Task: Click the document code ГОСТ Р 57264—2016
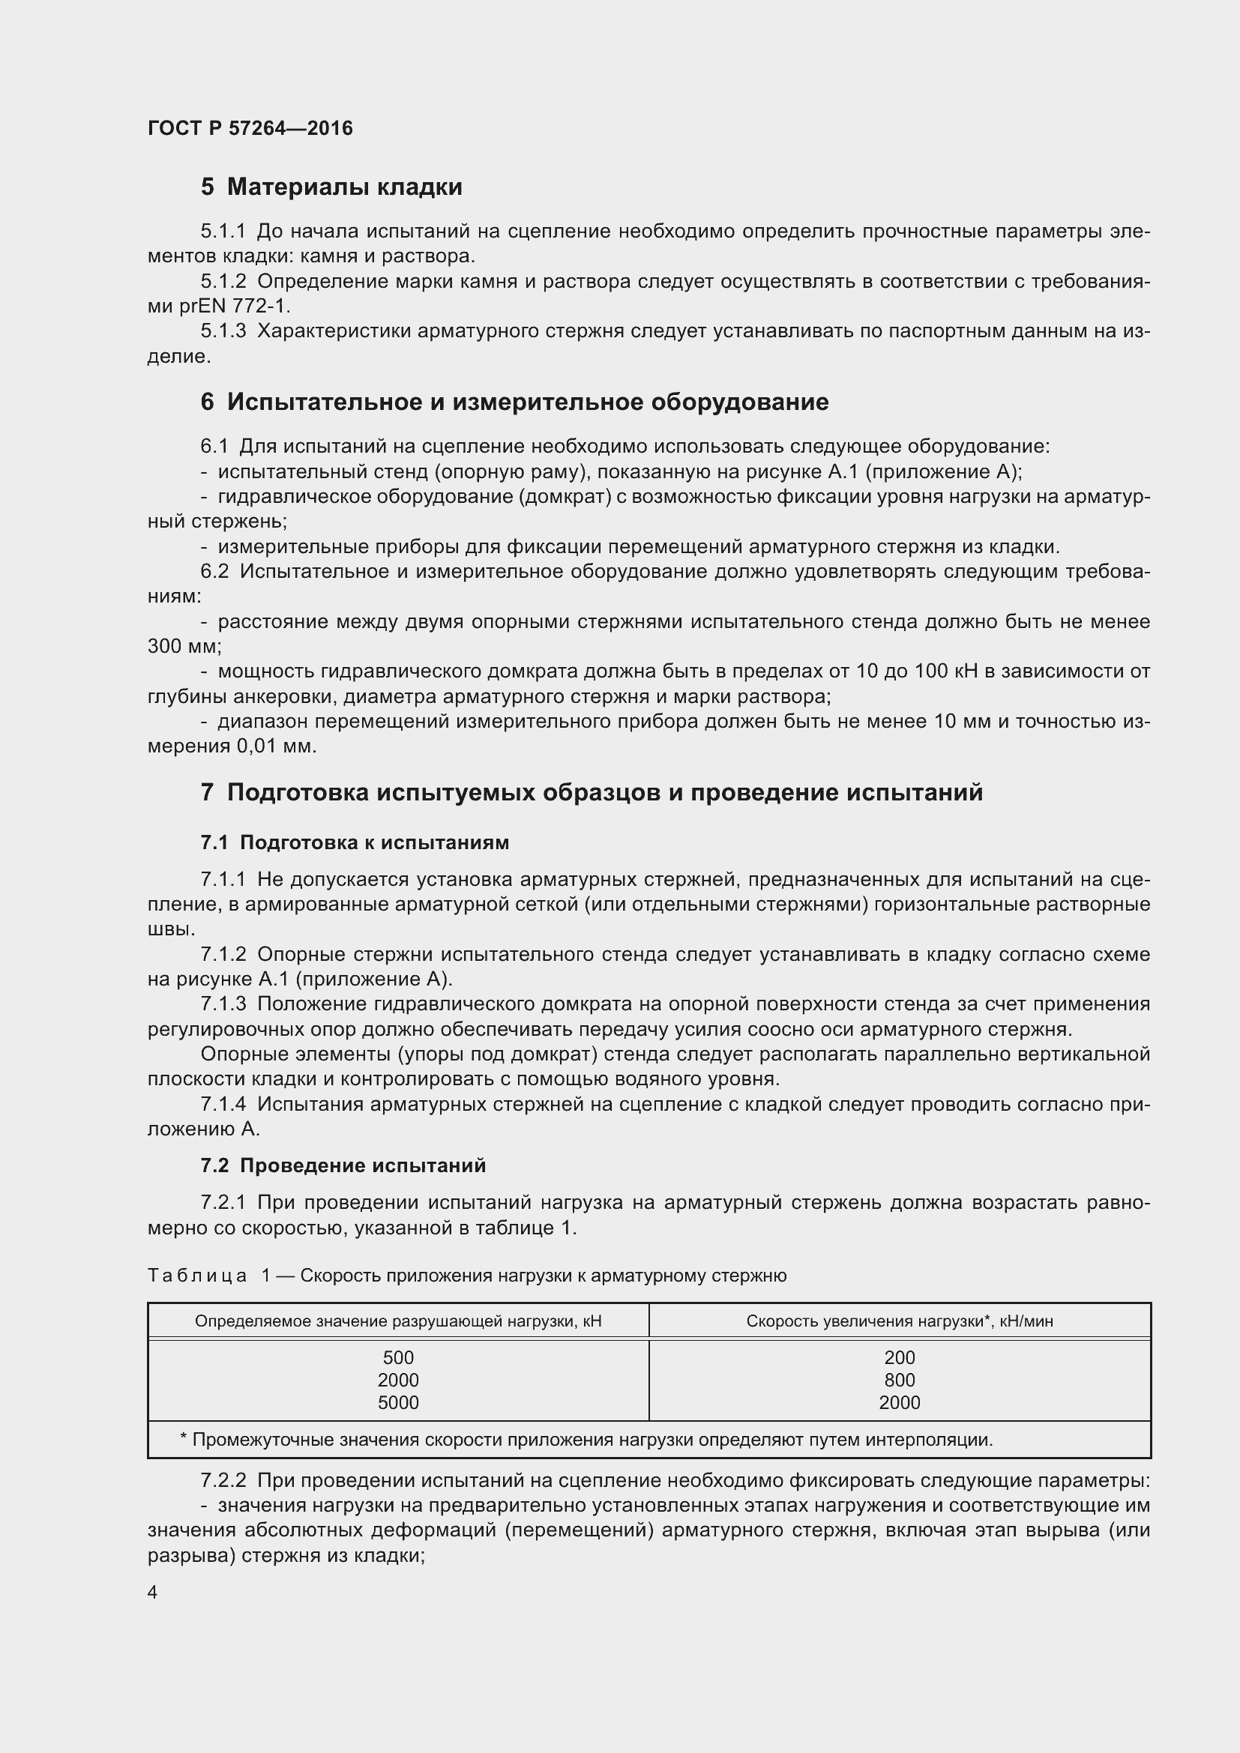(250, 128)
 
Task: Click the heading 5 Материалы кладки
(331, 187)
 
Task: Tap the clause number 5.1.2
(223, 282)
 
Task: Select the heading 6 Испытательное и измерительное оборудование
(514, 402)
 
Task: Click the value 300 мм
(183, 647)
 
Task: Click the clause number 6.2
(214, 572)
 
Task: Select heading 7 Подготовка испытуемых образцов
(591, 792)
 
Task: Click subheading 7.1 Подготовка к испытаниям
(355, 843)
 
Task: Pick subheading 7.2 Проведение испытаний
(343, 1166)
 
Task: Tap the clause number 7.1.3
(223, 1004)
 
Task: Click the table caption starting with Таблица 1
(466, 1276)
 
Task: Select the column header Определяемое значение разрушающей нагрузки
(398, 1321)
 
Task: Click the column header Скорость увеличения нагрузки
(899, 1321)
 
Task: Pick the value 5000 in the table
(398, 1402)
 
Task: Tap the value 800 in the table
(900, 1381)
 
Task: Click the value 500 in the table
(398, 1358)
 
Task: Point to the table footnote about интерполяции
(586, 1440)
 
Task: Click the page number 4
(153, 1593)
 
